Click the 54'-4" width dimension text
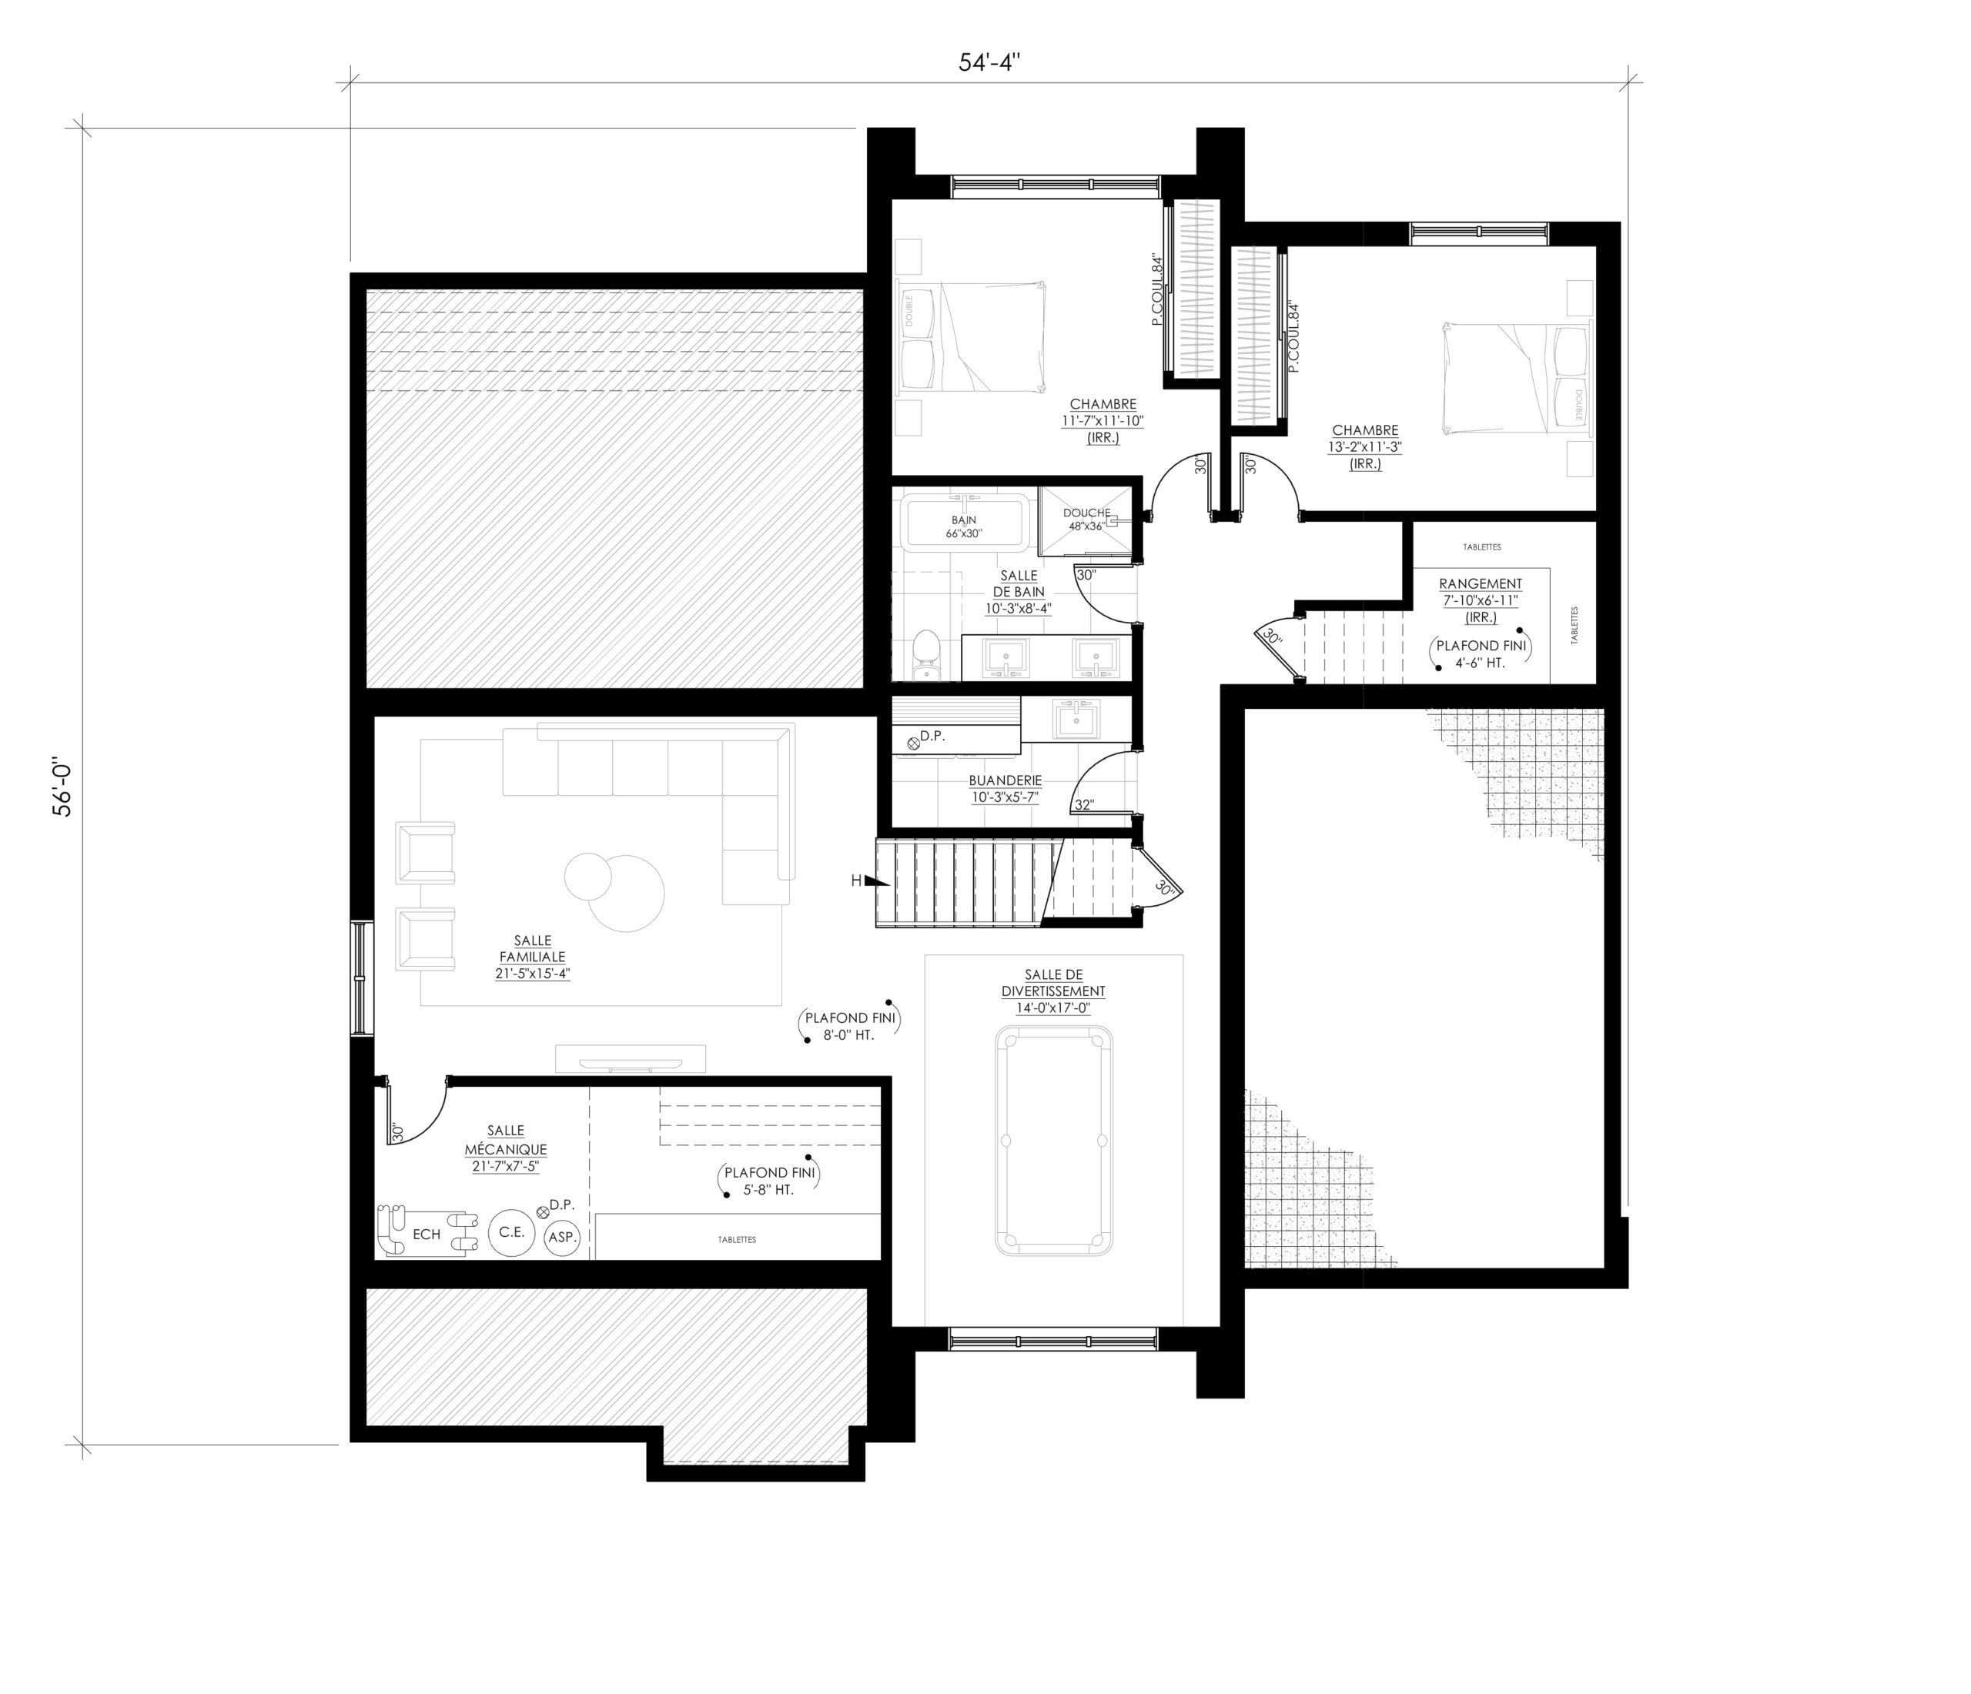click(x=989, y=63)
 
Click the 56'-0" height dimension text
click(x=63, y=787)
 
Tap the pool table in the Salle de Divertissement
click(x=1054, y=1141)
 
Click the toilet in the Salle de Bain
click(x=925, y=657)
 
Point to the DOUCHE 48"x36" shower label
click(x=1086, y=520)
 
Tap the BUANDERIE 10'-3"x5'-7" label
click(x=1006, y=788)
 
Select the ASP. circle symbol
click(x=562, y=1238)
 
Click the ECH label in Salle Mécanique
click(x=427, y=1235)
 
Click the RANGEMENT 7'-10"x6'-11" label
click(x=1480, y=600)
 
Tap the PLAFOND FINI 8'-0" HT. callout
click(x=848, y=1025)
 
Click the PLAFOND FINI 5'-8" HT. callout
click(x=768, y=1181)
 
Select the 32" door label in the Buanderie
click(x=1084, y=805)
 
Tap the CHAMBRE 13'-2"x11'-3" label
click(x=1365, y=446)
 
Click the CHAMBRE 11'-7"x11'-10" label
click(x=1103, y=420)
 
